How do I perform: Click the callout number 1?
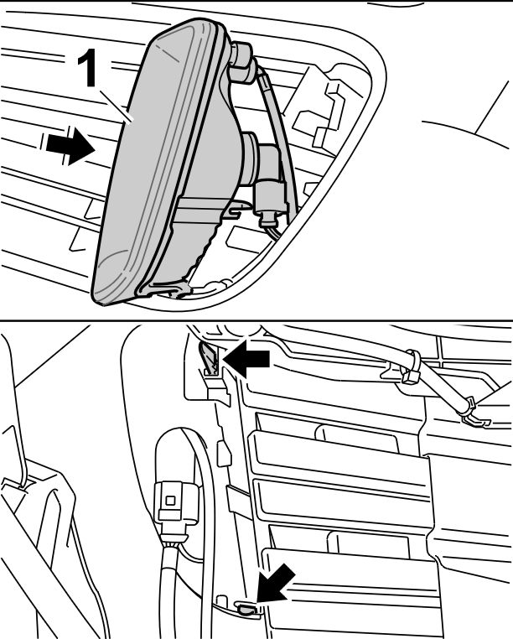pos(87,67)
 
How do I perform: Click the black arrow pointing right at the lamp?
pos(70,146)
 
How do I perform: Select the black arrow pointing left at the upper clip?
pos(246,359)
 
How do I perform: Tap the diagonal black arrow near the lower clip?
pos(276,583)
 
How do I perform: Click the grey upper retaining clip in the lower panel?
pos(210,358)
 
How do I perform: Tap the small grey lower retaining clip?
pos(246,610)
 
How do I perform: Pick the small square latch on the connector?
pos(171,501)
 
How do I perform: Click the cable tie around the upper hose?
pos(411,366)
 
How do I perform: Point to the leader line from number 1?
pos(117,106)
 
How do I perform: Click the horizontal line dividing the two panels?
pos(256,320)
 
